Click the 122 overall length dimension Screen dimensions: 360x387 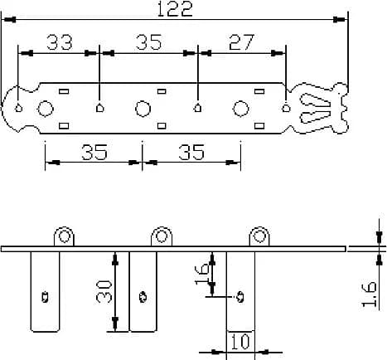174,9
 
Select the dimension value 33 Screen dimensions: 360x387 59,42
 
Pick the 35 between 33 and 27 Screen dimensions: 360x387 148,42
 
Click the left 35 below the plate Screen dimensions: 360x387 94,152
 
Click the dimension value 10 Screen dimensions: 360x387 240,341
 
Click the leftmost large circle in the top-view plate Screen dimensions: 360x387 46,108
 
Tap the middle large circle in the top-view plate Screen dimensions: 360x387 143,108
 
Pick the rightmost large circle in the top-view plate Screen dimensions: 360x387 241,108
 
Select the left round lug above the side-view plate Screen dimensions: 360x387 64,237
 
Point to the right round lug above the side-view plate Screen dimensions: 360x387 259,237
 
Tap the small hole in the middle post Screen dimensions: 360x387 143,294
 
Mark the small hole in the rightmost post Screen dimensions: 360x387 240,294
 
